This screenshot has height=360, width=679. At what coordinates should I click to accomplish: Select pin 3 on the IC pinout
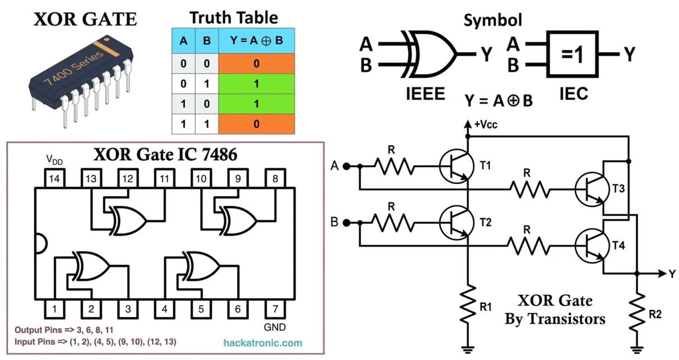coord(127,308)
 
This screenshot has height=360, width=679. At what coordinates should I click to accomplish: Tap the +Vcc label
coord(485,124)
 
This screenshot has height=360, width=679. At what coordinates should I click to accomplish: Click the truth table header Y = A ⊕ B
coord(256,40)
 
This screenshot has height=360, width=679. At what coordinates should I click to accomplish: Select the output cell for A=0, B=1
coord(256,84)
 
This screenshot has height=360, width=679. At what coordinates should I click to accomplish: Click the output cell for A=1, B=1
coord(256,124)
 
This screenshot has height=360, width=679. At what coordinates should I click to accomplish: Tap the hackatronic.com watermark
coord(262,343)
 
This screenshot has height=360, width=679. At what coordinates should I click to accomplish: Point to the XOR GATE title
coord(85,20)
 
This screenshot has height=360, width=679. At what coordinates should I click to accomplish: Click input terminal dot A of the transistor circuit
coord(347,166)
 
